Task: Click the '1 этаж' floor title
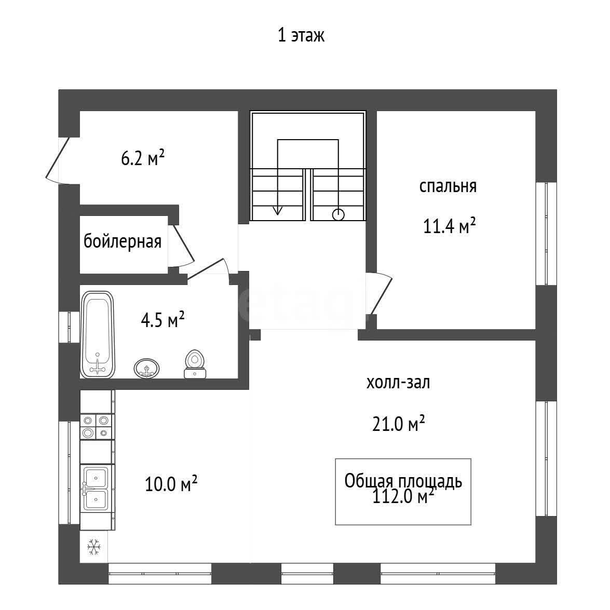coord(301,35)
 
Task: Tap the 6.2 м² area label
coord(143,158)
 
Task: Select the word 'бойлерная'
coord(123,241)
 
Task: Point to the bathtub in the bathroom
coord(97,334)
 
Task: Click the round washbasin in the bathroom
coord(147,368)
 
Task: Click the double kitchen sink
coord(96,489)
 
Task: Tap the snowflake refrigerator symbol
coord(94,547)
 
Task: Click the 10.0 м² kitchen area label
coord(171,483)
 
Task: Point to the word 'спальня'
coord(448,186)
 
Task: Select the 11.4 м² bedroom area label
coord(450,226)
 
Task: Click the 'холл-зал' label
coord(398,383)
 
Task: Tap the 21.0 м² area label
coord(398,423)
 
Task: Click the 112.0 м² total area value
coord(403,496)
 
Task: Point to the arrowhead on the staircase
coord(277,210)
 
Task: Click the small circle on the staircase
coord(338,215)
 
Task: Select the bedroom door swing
coord(379,293)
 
